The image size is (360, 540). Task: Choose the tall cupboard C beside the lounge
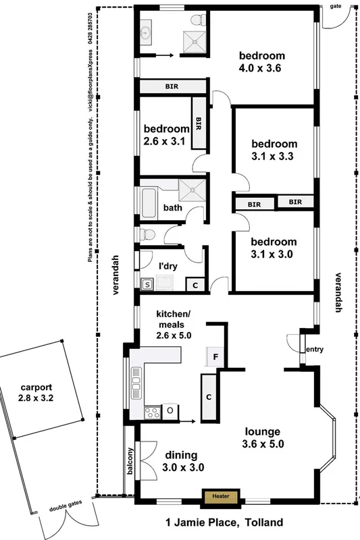coord(209,397)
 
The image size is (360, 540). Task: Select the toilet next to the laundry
coord(148,234)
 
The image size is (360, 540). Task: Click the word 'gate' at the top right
coord(335,6)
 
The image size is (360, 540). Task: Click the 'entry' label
coord(315,349)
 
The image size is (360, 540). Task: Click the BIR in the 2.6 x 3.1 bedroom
coord(199,123)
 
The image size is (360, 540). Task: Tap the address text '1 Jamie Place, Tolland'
coord(224,522)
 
